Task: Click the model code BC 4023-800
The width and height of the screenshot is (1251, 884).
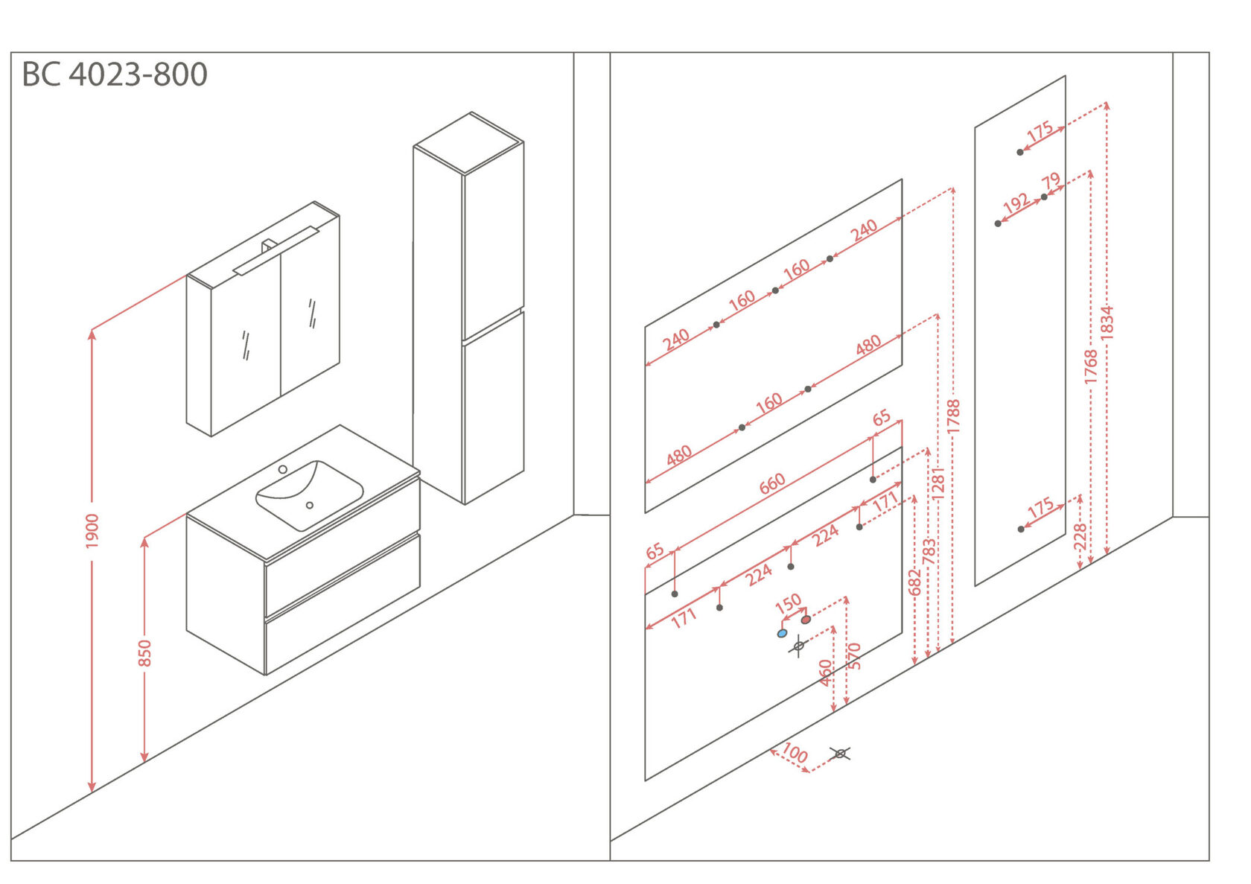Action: point(115,74)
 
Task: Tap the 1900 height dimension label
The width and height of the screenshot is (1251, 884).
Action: point(92,531)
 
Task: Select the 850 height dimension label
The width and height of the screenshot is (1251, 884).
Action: point(144,653)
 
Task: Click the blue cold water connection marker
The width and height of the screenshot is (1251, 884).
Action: point(782,633)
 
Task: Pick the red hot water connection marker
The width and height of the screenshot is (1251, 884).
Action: point(806,619)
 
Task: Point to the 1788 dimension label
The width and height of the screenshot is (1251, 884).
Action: point(953,416)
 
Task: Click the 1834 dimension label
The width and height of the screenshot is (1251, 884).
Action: point(1107,322)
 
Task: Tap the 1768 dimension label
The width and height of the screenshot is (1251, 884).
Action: point(1091,366)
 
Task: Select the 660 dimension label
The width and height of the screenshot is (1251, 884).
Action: point(772,484)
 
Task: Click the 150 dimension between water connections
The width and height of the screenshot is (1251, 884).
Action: point(788,602)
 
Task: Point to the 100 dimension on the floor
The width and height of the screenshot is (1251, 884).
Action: point(795,753)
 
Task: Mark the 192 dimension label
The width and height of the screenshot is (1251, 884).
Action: point(1016,203)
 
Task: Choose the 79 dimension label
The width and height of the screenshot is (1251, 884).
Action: point(1051,181)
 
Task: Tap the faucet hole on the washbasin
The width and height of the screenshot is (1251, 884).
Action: point(283,469)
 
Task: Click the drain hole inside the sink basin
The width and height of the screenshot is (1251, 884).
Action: point(310,505)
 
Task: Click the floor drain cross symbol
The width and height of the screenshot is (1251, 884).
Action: point(840,754)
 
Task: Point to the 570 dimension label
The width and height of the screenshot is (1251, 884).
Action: point(854,655)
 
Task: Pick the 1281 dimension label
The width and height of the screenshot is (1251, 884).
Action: point(938,483)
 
